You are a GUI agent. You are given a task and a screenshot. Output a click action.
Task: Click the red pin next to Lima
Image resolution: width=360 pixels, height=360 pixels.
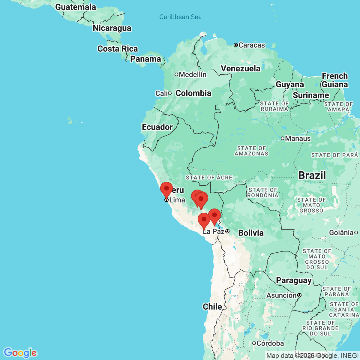coord(166,189)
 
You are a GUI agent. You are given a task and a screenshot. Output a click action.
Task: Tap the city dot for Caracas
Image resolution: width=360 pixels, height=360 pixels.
coord(236,45)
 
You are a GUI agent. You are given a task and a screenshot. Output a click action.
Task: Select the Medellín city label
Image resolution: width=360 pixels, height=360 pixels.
coord(193,74)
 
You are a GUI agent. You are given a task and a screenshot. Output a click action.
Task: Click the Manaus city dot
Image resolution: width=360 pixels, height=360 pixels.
coord(283,138)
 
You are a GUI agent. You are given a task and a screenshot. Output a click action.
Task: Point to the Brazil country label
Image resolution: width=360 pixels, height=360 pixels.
coord(312,175)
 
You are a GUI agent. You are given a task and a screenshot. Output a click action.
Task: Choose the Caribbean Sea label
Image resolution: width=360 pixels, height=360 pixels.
coord(180,17)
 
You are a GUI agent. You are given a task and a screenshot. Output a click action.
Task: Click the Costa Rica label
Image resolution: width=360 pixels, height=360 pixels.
coord(118,49)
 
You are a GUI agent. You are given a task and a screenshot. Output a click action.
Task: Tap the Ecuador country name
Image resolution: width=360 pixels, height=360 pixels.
coord(157,127)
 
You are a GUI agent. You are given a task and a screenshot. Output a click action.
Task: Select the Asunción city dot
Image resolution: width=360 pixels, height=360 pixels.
coord(299,295)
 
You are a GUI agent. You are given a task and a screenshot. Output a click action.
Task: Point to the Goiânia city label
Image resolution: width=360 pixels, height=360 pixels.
coord(341,232)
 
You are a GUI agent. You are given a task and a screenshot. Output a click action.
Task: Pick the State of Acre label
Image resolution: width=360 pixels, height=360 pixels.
coord(209,178)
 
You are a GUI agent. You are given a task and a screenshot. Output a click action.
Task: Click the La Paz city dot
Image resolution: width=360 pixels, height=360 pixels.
coord(228,231)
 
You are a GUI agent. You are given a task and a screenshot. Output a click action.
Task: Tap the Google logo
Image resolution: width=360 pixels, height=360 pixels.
coord(20,353)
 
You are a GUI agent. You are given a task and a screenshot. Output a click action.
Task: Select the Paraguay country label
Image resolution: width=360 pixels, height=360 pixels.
coord(294,280)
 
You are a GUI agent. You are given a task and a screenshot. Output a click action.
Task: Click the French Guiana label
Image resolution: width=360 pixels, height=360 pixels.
coord(335,80)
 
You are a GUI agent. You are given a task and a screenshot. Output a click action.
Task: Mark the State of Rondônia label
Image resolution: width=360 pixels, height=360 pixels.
coord(263,192)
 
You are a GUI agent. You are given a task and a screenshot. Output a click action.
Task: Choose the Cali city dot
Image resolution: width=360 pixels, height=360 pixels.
coord(170,93)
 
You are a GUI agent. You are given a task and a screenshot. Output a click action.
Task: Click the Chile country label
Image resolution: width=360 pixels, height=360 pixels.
coord(212,307)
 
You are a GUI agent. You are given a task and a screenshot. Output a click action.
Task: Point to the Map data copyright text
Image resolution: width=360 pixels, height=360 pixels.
coord(312,356)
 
